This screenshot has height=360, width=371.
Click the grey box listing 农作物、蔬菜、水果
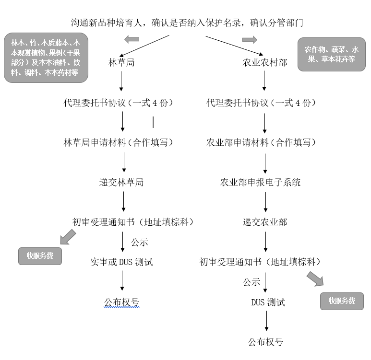pos(331,54)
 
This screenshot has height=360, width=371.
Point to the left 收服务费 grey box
pos(40,255)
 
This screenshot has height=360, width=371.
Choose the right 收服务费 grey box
pos(342,301)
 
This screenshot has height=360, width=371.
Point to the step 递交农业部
pos(264,222)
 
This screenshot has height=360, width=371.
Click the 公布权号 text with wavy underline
pos(121,302)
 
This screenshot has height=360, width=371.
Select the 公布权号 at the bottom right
pos(265,342)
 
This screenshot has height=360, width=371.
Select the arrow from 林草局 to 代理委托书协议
pos(121,82)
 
